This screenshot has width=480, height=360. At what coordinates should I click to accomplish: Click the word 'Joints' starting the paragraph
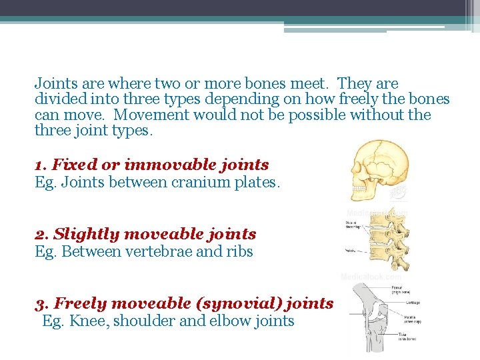click(x=55, y=84)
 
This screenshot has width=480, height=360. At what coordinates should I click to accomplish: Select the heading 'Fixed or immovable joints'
click(x=161, y=165)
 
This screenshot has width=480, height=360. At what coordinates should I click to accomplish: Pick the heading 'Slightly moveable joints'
click(x=155, y=234)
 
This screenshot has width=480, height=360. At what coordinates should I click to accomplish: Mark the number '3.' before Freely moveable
click(x=42, y=303)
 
